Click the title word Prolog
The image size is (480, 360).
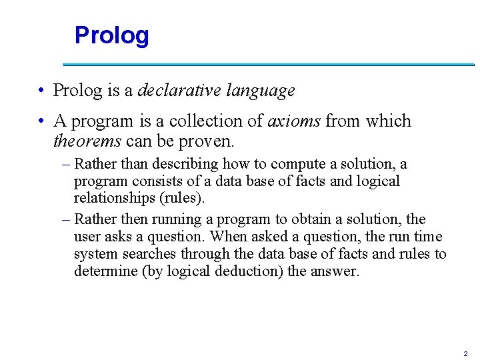coord(111,35)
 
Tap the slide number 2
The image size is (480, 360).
coord(465,353)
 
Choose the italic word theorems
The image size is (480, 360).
coord(87,141)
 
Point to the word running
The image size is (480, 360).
coord(193,219)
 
